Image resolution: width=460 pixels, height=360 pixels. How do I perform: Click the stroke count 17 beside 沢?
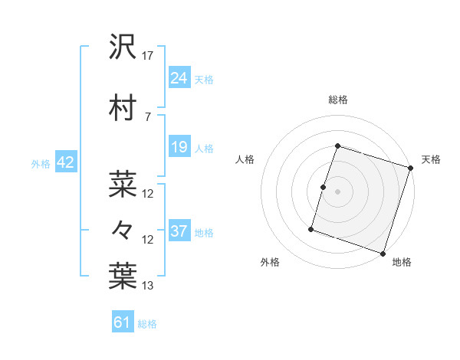(x=148, y=56)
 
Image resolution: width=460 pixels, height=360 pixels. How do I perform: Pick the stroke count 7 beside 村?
(x=146, y=116)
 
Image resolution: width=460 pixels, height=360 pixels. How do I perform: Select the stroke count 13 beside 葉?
(x=148, y=286)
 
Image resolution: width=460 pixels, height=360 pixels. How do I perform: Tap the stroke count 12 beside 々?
(x=148, y=240)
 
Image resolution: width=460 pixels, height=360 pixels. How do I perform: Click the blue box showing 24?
(x=179, y=77)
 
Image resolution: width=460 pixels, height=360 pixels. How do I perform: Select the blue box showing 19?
(x=179, y=147)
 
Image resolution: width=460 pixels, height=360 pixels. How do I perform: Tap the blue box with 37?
(x=179, y=231)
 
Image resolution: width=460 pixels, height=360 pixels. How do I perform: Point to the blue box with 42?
(x=64, y=162)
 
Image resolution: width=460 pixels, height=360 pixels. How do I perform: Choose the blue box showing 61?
(x=122, y=322)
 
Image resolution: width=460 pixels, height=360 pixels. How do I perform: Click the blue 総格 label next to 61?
(x=147, y=324)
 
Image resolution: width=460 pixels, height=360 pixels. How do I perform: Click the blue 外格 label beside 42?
(x=41, y=163)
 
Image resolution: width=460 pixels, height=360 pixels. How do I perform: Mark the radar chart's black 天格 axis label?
(x=431, y=159)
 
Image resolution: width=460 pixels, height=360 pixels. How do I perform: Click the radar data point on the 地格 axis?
(x=383, y=253)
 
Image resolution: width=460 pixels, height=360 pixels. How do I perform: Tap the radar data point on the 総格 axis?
(x=337, y=146)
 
